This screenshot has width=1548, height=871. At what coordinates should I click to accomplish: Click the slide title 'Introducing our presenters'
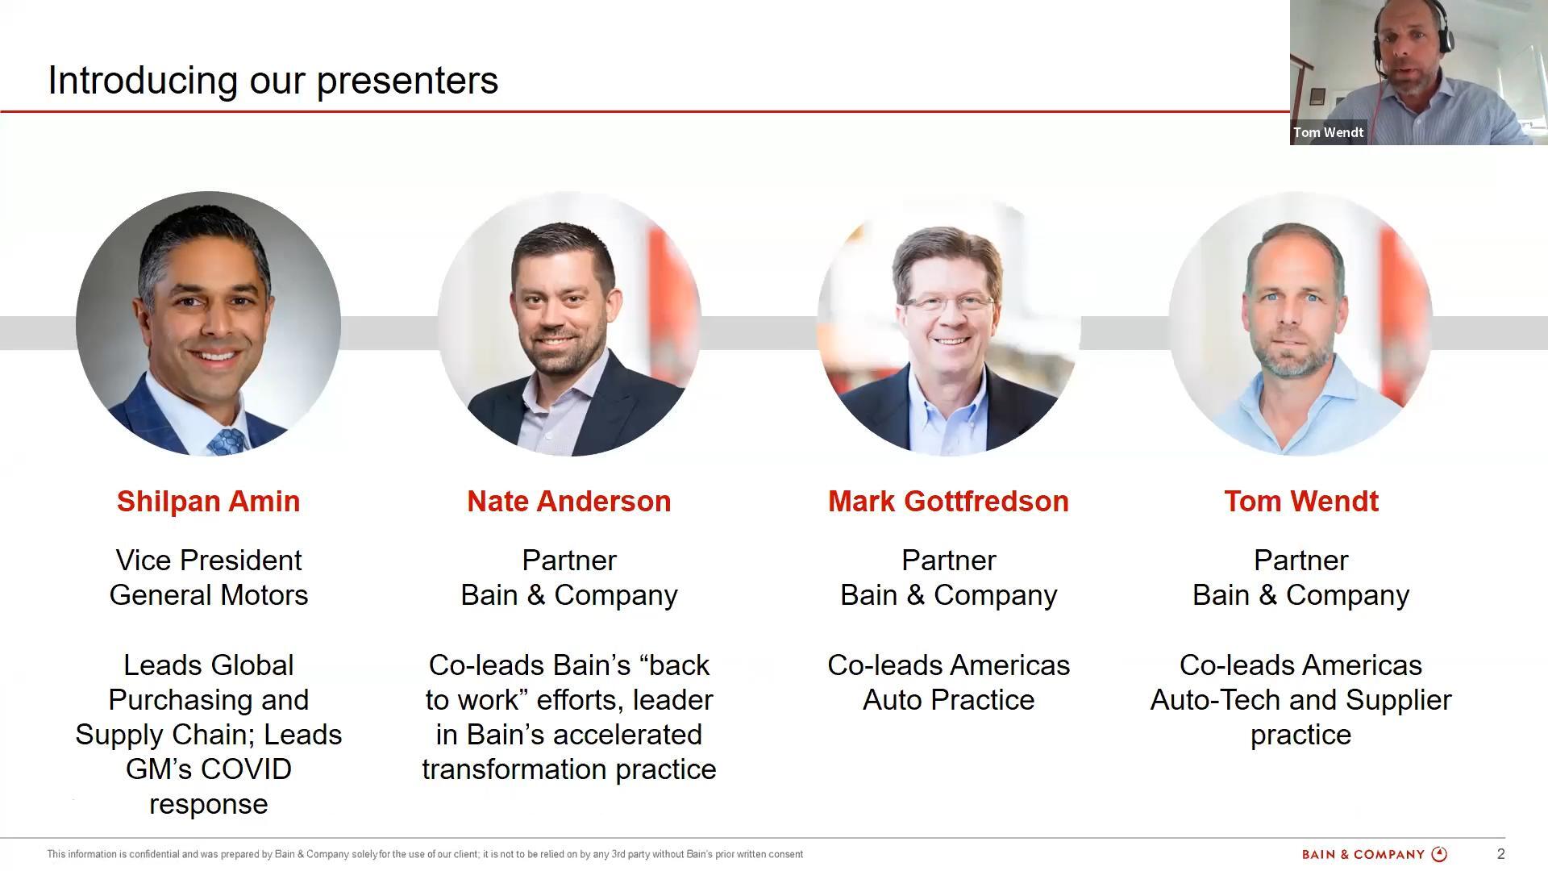273,81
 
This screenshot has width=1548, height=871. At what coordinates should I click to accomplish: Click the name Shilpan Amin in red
208,502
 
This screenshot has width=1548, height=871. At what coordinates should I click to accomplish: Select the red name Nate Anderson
569,502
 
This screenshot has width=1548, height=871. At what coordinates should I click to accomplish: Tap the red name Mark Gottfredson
948,502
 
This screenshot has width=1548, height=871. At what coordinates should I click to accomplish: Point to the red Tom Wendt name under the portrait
1301,502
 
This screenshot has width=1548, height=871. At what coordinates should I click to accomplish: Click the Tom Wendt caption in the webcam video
1328,132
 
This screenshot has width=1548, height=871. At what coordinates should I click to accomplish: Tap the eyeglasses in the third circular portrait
948,304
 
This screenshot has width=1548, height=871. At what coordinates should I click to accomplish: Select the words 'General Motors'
209,595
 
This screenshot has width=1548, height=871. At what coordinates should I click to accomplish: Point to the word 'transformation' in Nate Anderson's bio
514,769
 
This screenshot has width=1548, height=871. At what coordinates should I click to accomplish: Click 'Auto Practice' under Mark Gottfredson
948,700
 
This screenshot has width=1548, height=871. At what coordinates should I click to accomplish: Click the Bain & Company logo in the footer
1375,854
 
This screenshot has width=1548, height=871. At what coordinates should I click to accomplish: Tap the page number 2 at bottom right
1500,854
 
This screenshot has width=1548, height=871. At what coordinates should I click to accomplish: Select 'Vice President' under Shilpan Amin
209,561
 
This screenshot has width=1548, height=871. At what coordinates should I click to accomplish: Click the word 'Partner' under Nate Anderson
569,561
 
